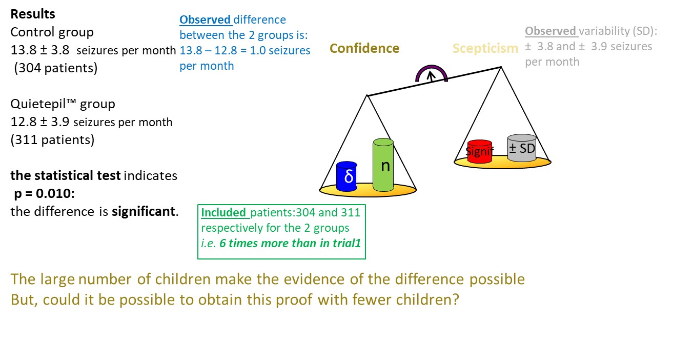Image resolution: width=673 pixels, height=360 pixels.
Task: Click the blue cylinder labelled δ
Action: (346, 176)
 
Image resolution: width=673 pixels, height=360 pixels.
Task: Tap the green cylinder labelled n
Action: (383, 165)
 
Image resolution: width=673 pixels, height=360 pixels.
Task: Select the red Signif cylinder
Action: (480, 151)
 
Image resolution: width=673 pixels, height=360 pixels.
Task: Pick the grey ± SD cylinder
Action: (522, 148)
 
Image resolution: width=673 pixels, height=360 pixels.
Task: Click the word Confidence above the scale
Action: (364, 48)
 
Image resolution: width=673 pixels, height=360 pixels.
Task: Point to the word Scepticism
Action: (485, 48)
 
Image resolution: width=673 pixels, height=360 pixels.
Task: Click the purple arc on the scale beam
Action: (432, 69)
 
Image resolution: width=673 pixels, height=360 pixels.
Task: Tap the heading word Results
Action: (33, 14)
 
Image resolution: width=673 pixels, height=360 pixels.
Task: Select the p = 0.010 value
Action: (44, 193)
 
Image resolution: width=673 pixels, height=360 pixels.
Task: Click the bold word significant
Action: (144, 212)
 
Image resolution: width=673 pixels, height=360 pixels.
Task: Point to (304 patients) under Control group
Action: (55, 68)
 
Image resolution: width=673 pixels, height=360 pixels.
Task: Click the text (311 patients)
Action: (52, 139)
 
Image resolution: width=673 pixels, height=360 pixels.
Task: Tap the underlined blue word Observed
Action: (205, 20)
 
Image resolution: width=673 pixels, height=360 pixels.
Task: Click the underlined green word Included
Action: (223, 212)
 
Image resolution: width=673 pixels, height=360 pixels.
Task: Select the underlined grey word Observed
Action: (550, 31)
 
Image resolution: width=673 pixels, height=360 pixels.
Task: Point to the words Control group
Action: (52, 32)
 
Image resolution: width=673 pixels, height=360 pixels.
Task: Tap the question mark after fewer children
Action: (456, 299)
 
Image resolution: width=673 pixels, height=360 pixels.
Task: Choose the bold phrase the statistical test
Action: (66, 175)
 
